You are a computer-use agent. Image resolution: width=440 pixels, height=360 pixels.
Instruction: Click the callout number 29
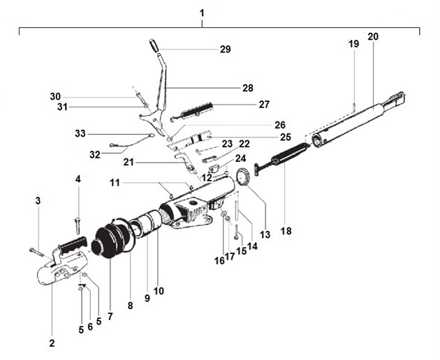(225, 50)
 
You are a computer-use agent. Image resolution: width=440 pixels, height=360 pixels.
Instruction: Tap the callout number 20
(373, 36)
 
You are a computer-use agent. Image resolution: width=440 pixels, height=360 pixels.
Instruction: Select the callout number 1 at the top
(203, 13)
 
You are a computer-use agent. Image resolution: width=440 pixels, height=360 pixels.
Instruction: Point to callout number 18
(285, 230)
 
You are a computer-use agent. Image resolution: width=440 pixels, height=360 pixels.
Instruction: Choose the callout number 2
(52, 343)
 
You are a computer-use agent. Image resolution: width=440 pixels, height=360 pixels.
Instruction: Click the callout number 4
(78, 179)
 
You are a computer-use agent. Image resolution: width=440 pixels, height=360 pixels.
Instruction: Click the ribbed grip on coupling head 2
(71, 246)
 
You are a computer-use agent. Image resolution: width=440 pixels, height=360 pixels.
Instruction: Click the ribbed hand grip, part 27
(198, 110)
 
